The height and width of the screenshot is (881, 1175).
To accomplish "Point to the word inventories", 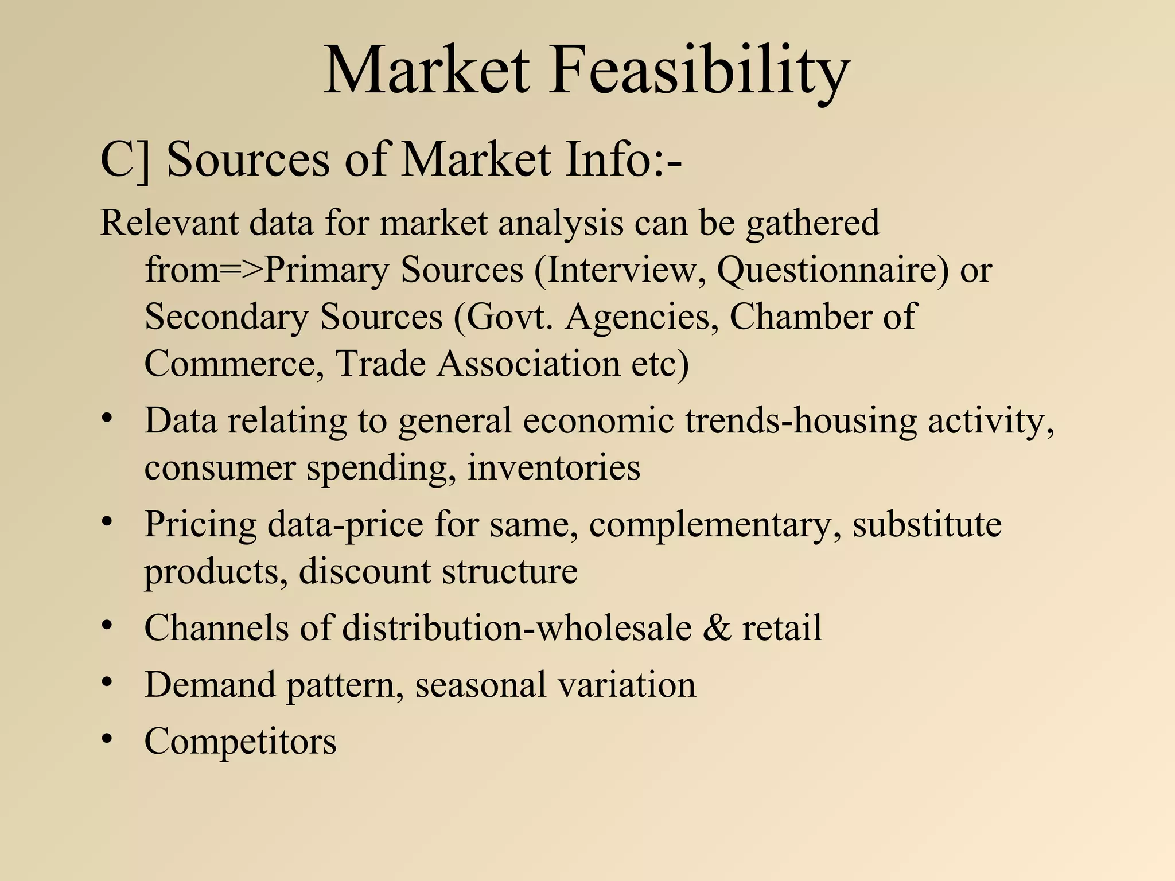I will point(553,467).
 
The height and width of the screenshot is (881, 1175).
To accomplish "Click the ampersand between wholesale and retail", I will point(717,627).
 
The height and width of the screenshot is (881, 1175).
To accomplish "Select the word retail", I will point(782,627).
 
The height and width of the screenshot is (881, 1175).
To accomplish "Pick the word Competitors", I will point(240,741).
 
